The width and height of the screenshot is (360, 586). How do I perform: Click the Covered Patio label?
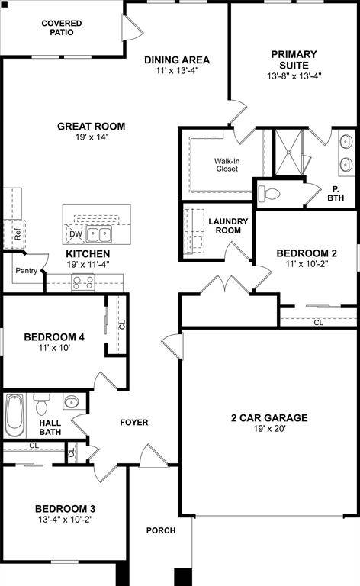[x=62, y=28]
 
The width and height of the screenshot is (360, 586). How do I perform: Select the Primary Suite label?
[x=294, y=60]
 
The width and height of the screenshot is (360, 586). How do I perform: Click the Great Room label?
[x=92, y=127]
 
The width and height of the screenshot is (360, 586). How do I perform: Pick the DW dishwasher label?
[x=75, y=234]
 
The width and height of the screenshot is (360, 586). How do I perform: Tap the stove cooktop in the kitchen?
[x=83, y=282]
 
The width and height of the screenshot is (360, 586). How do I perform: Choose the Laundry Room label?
[x=229, y=226]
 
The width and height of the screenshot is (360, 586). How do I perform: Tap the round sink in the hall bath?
[x=72, y=402]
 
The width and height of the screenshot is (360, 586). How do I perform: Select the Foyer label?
[x=134, y=422]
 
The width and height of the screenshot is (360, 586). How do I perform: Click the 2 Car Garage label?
[x=269, y=417]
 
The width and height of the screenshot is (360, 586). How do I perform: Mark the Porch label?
[x=161, y=530]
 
